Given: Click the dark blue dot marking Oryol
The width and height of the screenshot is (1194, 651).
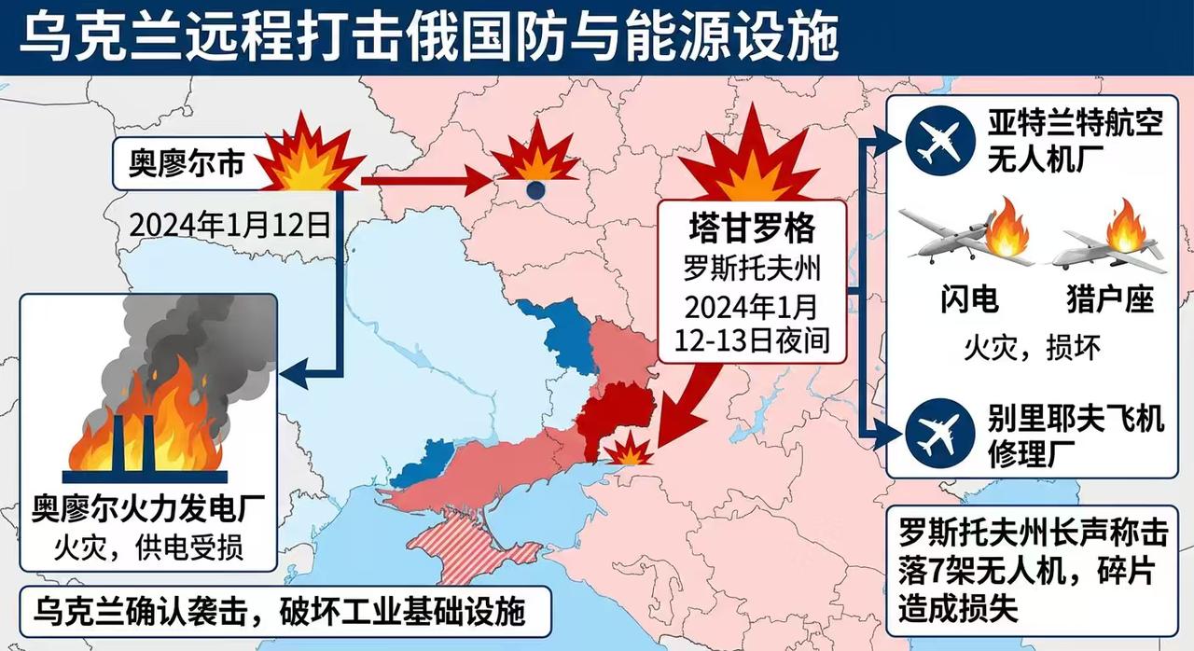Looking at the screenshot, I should tap(535, 191).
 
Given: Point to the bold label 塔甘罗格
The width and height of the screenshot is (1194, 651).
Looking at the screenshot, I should tap(752, 229).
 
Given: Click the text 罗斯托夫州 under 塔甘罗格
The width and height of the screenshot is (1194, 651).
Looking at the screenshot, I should tap(752, 268).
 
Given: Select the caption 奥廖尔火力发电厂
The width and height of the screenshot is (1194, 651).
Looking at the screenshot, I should tap(147, 511).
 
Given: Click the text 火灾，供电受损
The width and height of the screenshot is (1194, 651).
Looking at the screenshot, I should tap(147, 547).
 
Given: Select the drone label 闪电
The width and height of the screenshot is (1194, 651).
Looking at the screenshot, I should tap(967, 300).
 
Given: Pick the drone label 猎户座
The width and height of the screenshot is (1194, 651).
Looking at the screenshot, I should tap(1109, 300).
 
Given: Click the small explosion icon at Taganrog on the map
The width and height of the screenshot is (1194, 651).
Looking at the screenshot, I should tap(627, 450).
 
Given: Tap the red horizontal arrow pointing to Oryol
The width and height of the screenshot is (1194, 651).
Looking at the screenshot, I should tap(424, 182).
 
